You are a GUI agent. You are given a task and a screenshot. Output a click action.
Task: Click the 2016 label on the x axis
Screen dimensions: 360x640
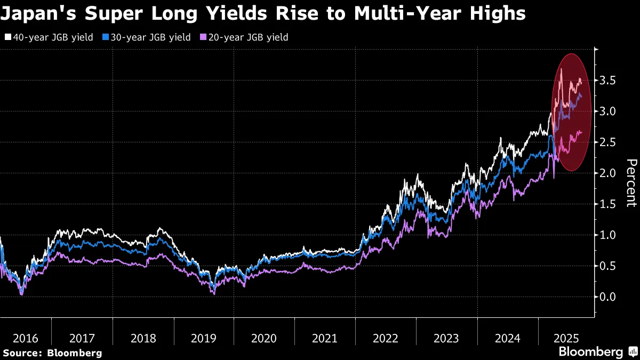click(x=26, y=338)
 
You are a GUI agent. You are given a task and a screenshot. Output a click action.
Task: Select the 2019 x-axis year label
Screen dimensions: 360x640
click(x=204, y=338)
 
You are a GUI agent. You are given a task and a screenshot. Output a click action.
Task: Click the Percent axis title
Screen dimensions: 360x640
click(x=631, y=182)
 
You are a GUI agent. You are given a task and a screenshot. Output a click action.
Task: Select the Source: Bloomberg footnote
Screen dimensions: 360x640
click(x=52, y=353)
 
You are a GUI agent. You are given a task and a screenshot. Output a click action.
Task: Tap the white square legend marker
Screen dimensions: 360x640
click(x=7, y=37)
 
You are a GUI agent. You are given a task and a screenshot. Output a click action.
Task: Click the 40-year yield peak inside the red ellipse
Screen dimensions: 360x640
click(x=561, y=69)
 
